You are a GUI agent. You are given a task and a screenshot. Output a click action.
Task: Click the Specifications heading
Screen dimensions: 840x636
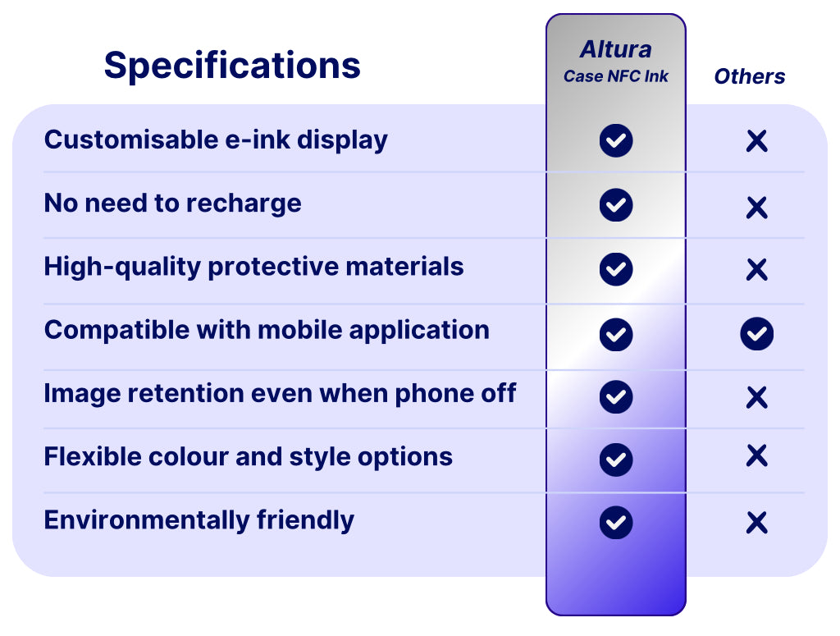pos(232,66)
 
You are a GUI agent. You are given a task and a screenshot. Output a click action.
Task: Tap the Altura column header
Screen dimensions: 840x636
pos(615,49)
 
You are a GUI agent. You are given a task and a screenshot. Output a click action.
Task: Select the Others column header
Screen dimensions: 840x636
pos(750,76)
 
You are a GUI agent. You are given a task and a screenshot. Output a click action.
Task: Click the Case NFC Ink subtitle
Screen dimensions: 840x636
pos(615,76)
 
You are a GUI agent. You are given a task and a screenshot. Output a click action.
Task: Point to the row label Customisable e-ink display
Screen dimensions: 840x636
pos(216,140)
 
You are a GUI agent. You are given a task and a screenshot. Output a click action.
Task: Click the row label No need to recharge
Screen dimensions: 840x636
pos(172,204)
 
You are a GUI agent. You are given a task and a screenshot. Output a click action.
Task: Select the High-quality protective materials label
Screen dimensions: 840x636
pos(254,267)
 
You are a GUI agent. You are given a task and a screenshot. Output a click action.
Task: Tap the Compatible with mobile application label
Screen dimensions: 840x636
pos(267,330)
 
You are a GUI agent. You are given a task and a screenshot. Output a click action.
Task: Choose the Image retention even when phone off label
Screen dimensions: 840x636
pos(281,393)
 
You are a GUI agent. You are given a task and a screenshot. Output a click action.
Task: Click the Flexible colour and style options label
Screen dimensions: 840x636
pos(249,456)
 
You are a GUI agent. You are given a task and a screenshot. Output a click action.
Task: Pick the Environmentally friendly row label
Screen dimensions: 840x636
pos(199,520)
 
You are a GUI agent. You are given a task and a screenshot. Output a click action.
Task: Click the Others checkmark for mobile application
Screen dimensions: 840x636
pos(757,334)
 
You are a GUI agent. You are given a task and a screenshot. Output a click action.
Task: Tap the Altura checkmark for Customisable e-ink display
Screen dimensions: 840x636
pos(616,140)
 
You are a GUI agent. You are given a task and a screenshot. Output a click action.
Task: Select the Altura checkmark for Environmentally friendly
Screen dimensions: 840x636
pos(616,523)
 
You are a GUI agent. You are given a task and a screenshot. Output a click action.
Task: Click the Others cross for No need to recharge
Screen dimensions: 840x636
pos(757,208)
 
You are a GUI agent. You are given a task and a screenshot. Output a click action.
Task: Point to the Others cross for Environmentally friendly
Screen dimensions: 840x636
pos(757,523)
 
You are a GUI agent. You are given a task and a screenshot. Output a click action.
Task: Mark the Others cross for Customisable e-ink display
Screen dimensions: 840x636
pos(757,141)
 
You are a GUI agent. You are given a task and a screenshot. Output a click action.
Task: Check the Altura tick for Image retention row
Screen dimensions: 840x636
pos(616,397)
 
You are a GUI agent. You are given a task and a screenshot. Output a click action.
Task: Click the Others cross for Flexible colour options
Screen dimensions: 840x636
pos(757,455)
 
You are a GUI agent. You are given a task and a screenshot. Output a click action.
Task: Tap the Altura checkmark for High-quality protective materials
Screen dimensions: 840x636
pos(616,269)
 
